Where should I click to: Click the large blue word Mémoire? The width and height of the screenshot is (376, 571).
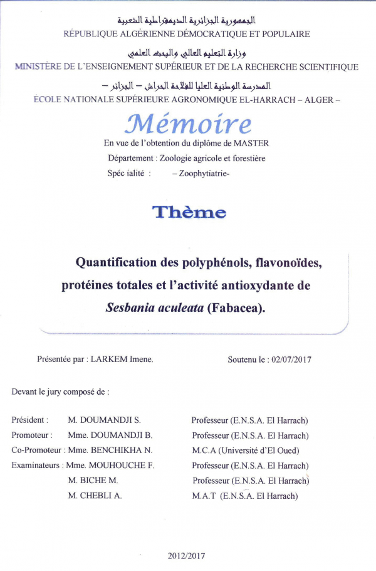tap(188, 123)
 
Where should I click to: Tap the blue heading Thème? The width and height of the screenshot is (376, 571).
tap(189, 212)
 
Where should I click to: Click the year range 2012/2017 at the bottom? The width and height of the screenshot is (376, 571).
tap(186, 555)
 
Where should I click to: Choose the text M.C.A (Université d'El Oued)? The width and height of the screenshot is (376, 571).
tap(246, 451)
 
